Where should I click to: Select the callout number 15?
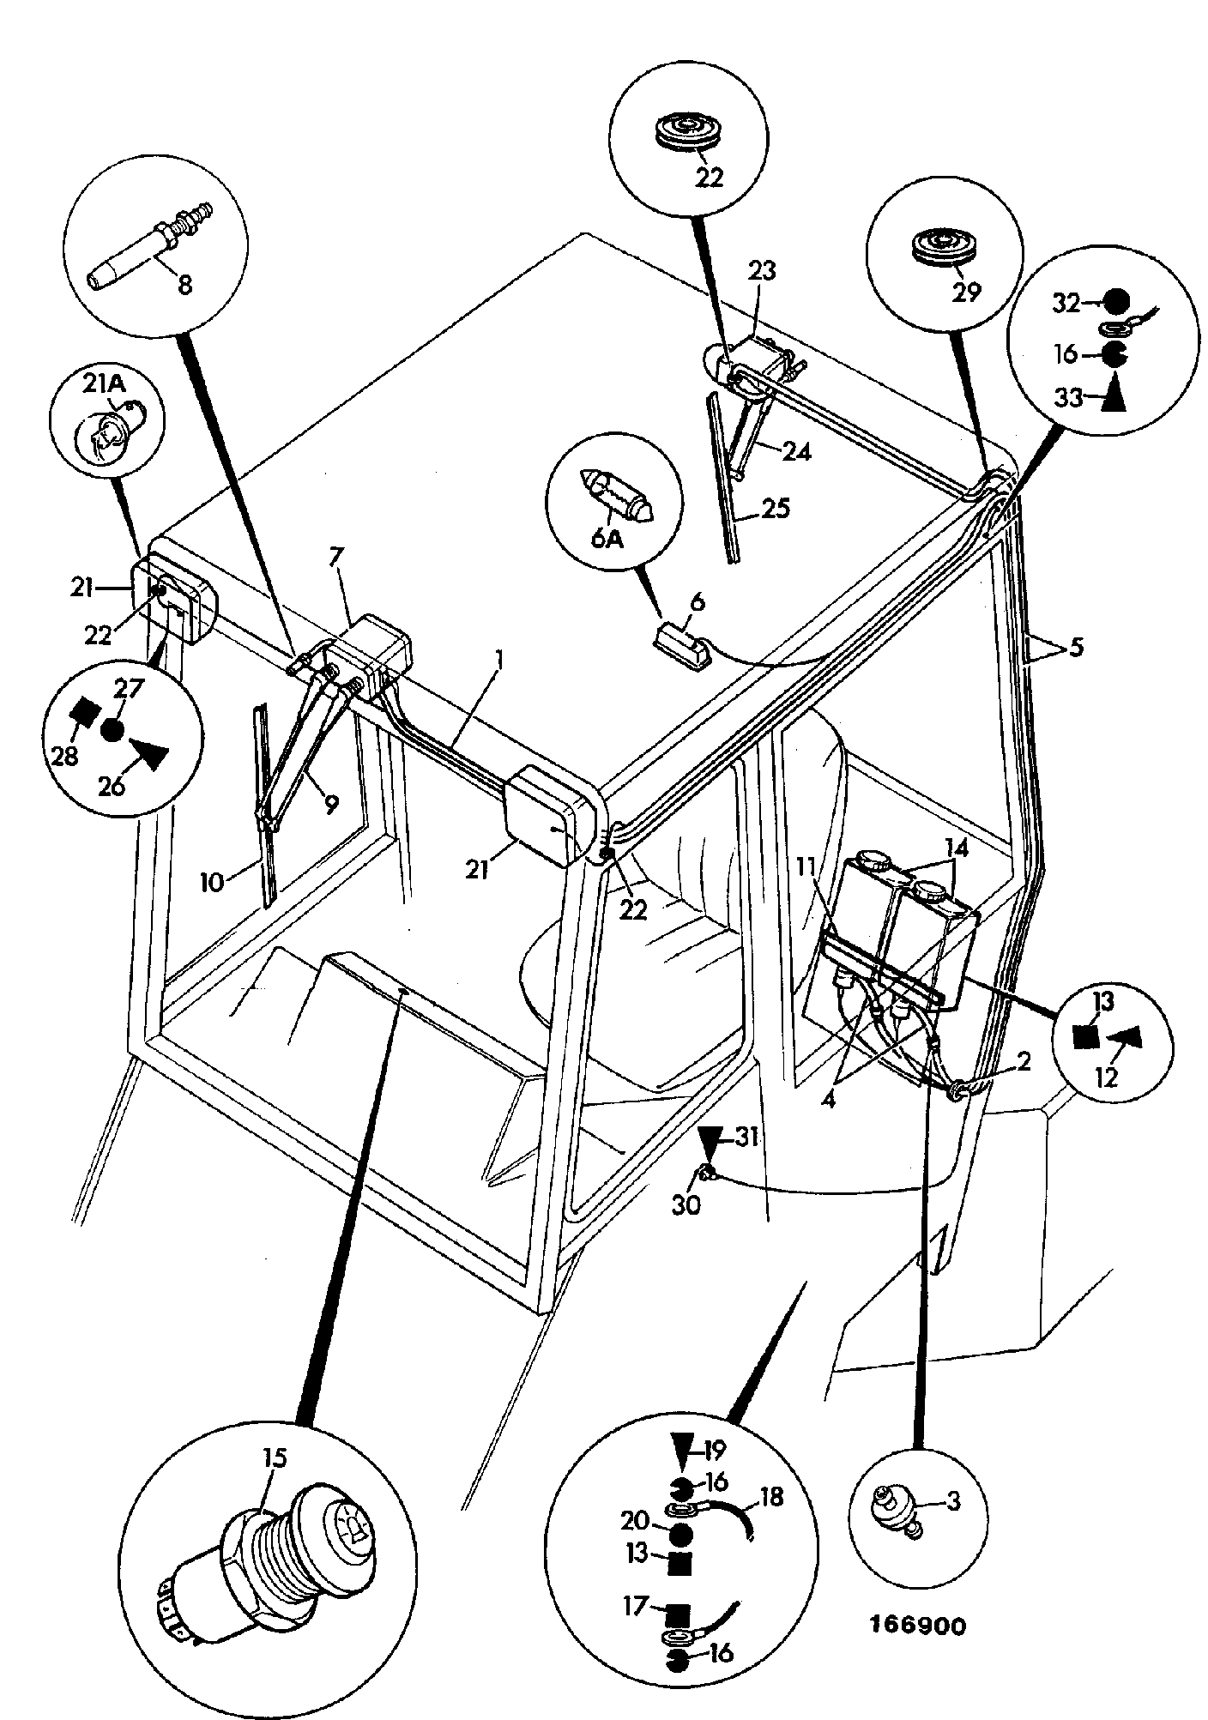(276, 1457)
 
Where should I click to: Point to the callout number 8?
(184, 285)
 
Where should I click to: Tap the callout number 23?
(761, 271)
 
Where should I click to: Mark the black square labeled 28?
(86, 709)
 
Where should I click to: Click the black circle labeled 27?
(112, 730)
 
